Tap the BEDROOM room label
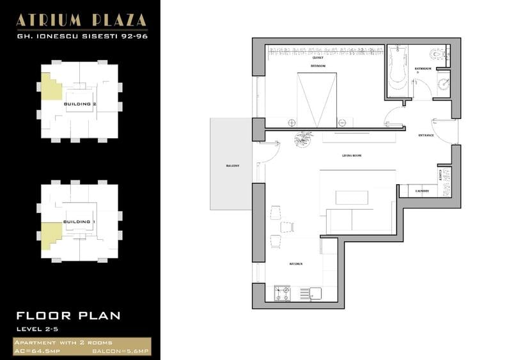(x=318, y=66)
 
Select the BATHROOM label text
(x=423, y=68)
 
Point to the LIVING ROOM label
(x=351, y=155)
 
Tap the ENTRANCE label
(x=427, y=136)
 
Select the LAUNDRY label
(x=421, y=191)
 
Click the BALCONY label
(x=232, y=165)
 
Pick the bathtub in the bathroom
(x=398, y=72)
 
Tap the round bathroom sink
(x=443, y=81)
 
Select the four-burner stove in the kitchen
(x=283, y=293)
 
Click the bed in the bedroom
(x=317, y=100)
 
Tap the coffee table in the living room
(x=352, y=198)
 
